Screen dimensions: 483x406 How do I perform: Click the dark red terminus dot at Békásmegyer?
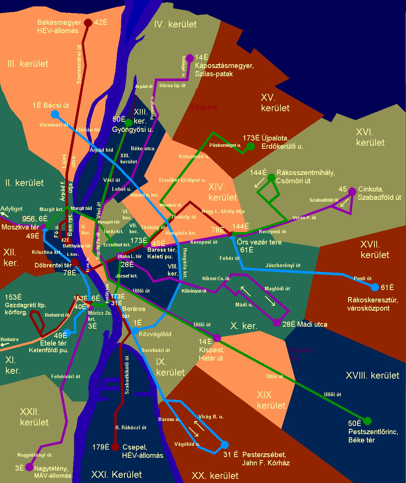tap(88, 23)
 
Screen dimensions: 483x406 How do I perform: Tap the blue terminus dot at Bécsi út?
tap(55, 114)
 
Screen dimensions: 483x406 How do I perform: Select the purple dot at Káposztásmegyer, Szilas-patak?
tap(190, 58)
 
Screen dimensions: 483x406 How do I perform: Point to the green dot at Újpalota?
tap(250, 146)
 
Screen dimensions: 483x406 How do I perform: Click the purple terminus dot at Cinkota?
tap(352, 192)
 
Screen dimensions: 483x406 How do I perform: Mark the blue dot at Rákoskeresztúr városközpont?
tap(374, 287)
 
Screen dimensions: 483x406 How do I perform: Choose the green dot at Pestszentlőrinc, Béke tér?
tap(367, 421)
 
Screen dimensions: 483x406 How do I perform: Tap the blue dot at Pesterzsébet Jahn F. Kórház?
tap(225, 445)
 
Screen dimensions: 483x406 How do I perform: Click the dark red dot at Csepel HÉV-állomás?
tap(115, 447)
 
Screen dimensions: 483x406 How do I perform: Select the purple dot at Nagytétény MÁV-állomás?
tap(29, 467)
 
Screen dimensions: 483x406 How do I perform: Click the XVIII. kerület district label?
tap(373, 375)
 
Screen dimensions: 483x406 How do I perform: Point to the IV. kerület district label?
tap(176, 24)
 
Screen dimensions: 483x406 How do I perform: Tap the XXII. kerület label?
tap(34, 417)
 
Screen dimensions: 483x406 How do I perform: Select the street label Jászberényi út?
tap(283, 265)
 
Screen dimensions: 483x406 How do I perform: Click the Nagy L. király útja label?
tap(223, 211)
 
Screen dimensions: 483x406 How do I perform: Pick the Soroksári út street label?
tap(156, 350)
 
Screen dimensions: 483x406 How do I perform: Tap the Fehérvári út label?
tap(66, 376)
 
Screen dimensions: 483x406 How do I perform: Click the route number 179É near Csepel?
tap(101, 447)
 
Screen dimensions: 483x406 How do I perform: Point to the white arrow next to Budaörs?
tap(5, 344)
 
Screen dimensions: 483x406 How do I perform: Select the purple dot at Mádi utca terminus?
tap(277, 322)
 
